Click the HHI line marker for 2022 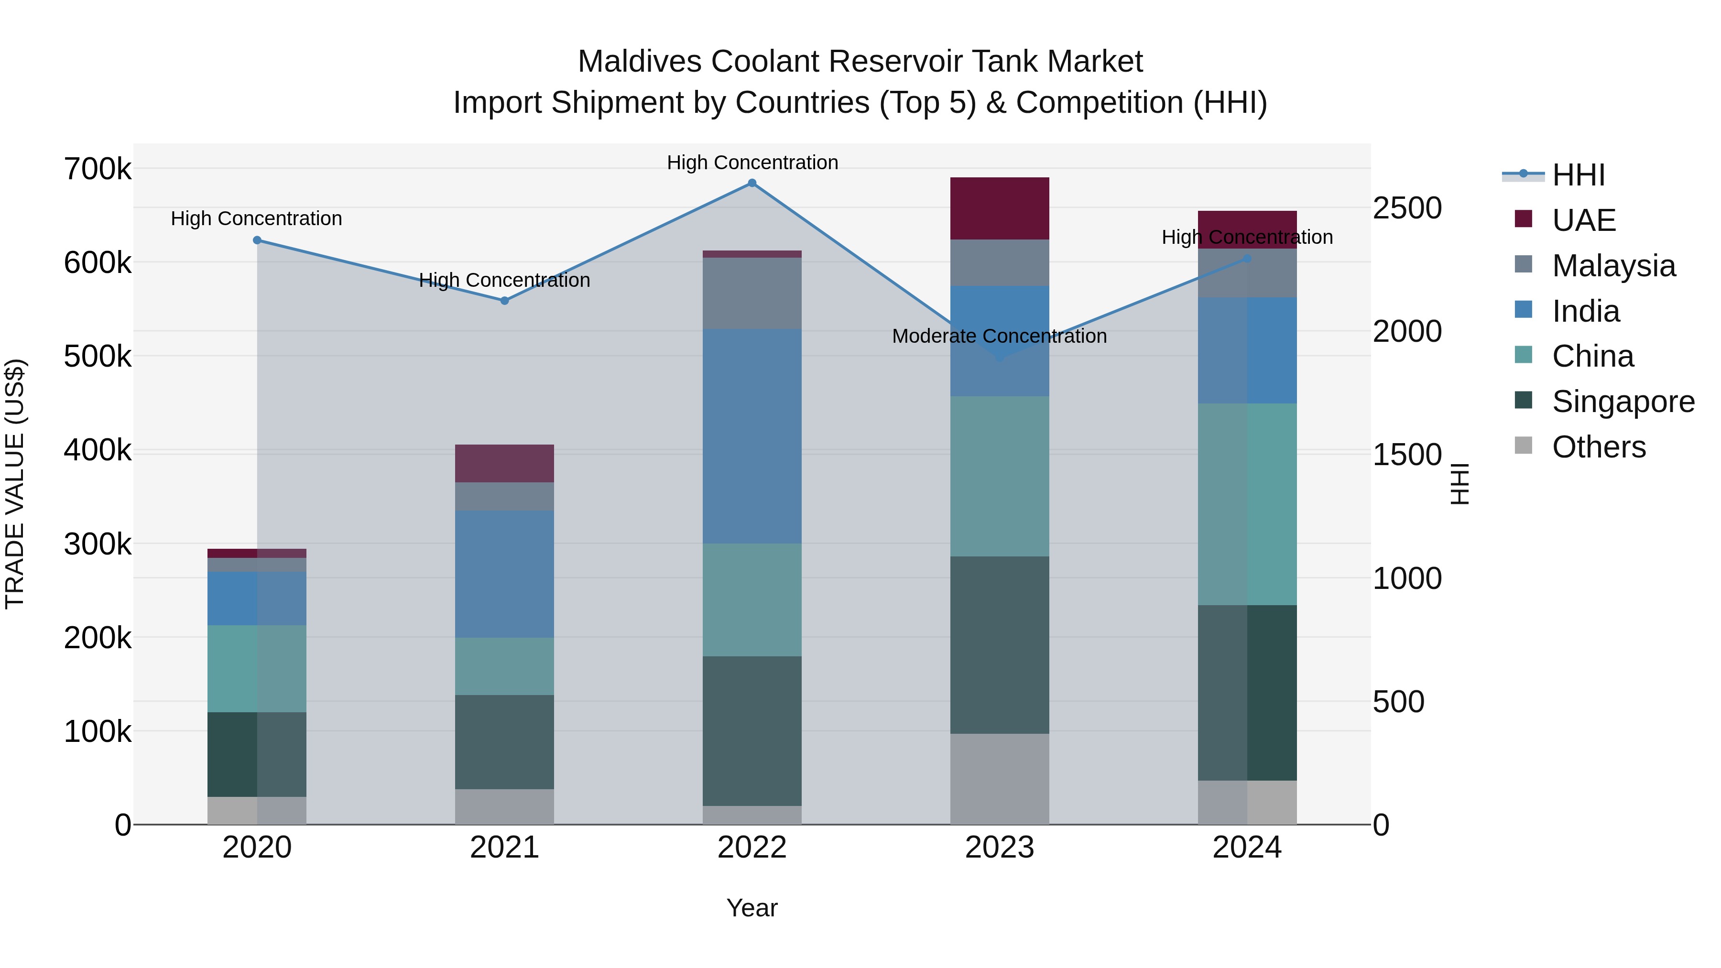click(752, 183)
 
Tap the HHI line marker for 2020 click(257, 240)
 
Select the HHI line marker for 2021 click(504, 301)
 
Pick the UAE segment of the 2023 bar click(1000, 208)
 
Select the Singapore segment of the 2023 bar click(1000, 645)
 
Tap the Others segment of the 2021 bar click(504, 806)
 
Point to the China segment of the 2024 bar click(1247, 504)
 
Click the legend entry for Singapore click(1623, 402)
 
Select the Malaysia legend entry click(1613, 265)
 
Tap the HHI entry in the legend click(1578, 175)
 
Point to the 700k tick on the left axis click(98, 169)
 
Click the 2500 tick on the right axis click(1407, 208)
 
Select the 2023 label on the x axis click(1000, 848)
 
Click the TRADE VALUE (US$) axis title click(15, 484)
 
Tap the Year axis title click(752, 908)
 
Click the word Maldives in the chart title click(640, 62)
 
